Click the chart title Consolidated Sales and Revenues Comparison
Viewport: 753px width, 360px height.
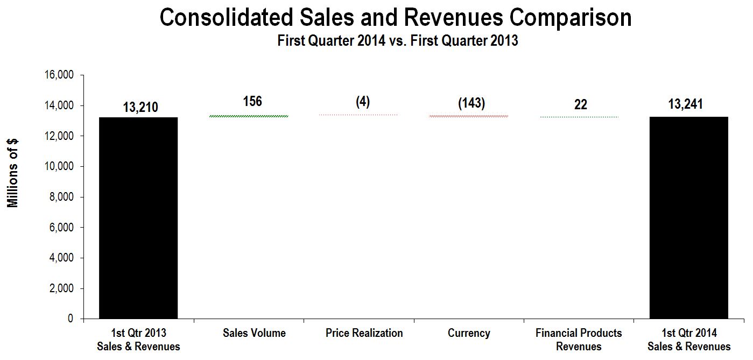pos(396,18)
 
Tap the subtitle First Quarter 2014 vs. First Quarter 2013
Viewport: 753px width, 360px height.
pos(397,41)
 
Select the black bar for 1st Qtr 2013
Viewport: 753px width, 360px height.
pos(138,218)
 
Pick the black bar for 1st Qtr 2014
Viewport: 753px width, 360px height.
pos(688,218)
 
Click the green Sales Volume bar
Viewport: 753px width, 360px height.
pos(249,116)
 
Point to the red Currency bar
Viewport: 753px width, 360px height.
pos(469,116)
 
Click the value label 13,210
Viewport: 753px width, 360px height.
pos(140,107)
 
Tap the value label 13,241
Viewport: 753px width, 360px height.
pos(685,104)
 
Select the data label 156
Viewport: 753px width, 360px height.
pos(252,101)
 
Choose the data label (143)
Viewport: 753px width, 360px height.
pos(471,103)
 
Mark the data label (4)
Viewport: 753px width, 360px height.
pos(363,102)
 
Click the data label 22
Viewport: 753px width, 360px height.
pos(580,104)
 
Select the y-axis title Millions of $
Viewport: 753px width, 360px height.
pos(13,173)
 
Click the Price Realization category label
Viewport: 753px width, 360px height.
pos(364,333)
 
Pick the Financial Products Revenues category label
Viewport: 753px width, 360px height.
pos(579,340)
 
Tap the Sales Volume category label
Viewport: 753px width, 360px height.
pos(254,333)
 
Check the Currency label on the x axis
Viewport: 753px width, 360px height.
pos(469,333)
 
